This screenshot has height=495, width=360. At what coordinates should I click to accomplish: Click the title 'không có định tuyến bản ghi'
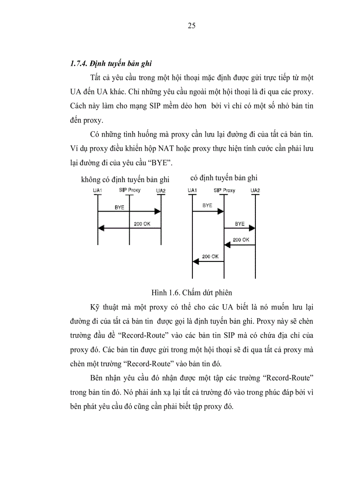125,179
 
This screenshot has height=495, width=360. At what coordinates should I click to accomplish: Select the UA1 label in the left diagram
97,190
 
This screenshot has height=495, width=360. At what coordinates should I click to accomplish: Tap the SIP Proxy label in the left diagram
129,190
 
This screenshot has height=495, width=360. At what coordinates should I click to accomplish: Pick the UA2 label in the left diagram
161,190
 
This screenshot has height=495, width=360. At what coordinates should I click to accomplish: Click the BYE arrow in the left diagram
128,212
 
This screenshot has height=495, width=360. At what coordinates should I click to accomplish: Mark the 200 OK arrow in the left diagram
128,228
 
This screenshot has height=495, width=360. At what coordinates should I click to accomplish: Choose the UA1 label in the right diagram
192,190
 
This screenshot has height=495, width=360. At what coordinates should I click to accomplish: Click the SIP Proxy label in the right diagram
224,190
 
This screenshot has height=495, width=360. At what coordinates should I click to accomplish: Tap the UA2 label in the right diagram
255,190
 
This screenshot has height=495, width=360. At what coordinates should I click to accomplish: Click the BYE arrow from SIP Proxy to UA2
240,228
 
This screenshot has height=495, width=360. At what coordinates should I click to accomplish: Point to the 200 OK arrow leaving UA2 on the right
240,245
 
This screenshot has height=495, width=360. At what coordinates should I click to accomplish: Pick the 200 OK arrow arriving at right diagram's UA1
208,261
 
